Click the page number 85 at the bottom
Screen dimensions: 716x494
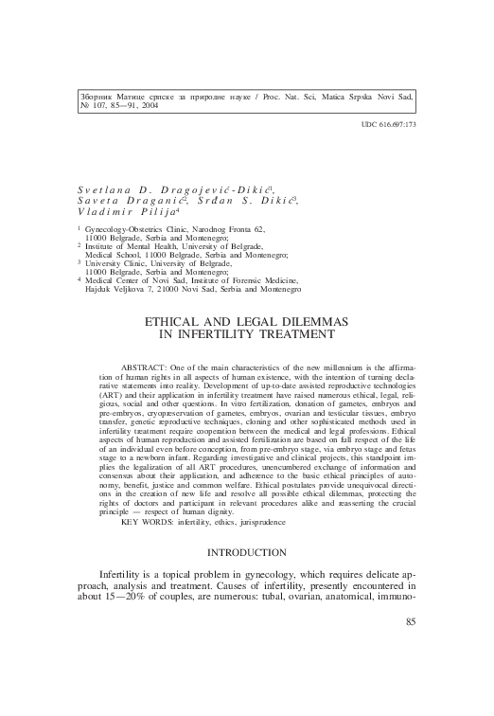(x=410, y=674)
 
